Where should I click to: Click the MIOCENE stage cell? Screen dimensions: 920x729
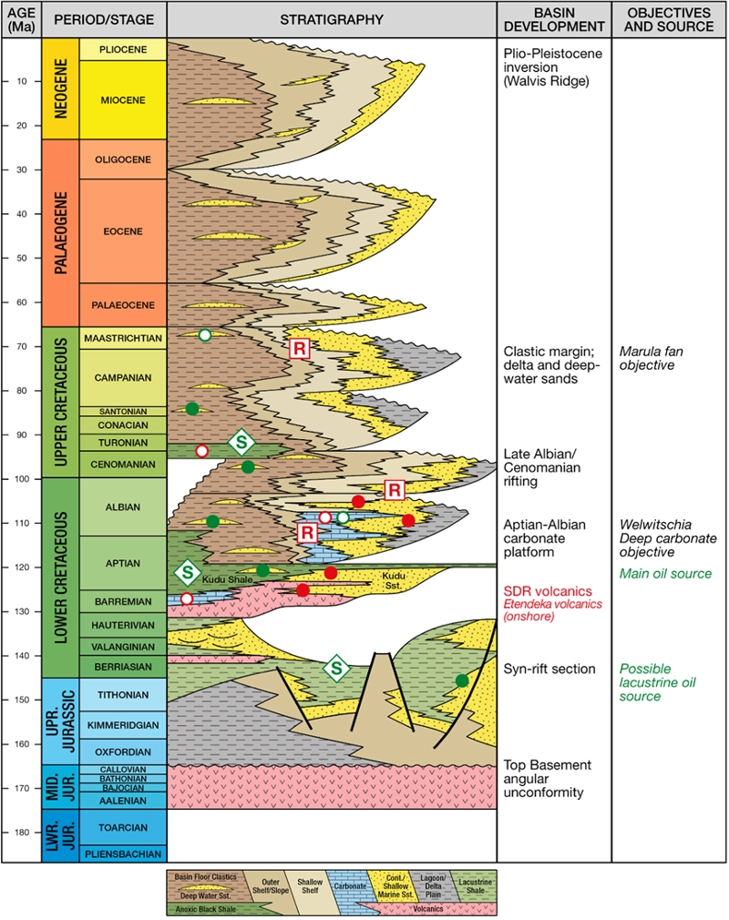click(123, 99)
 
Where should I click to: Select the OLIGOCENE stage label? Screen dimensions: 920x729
click(123, 159)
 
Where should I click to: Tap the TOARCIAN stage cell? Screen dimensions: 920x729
click(123, 828)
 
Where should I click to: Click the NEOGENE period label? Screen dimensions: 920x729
click(60, 88)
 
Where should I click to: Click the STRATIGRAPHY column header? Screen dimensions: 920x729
click(331, 19)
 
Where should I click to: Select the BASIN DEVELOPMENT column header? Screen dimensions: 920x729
click(553, 19)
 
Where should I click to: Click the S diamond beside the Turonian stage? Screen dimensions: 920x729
click(241, 443)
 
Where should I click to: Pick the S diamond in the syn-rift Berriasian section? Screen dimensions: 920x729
click(336, 669)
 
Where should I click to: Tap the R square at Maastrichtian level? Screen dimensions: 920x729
click(298, 347)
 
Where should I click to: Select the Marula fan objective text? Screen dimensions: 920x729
click(651, 357)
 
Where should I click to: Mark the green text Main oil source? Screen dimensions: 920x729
click(665, 574)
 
